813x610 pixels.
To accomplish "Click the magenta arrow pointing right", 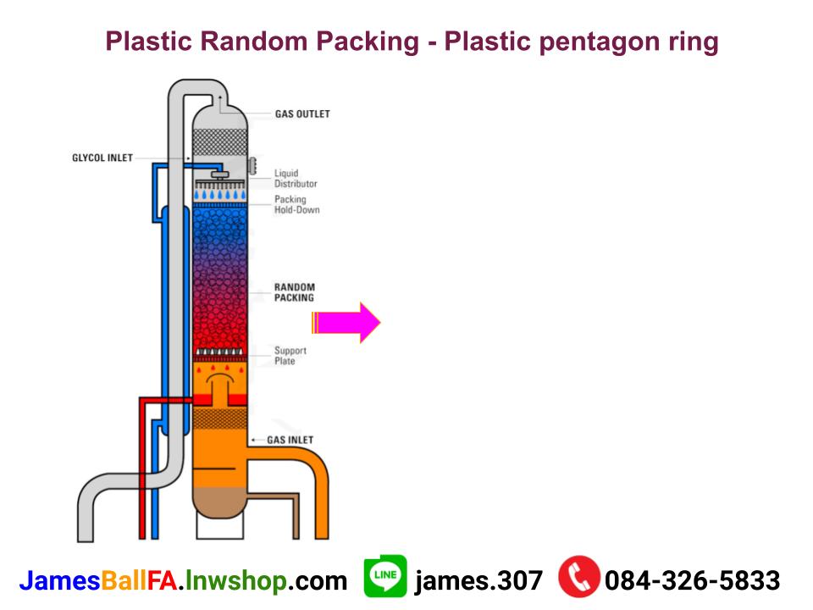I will click(346, 322).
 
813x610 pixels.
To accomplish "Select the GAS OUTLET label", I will click(302, 114).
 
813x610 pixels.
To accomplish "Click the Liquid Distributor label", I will click(296, 179).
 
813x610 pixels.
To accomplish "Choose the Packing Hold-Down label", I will click(296, 205).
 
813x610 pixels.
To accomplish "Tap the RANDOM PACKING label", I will click(294, 292).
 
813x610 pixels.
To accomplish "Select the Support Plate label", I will click(290, 356).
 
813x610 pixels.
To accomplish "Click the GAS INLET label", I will click(290, 440).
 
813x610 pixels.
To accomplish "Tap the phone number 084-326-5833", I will click(692, 580).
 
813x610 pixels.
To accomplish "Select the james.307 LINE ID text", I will click(478, 580).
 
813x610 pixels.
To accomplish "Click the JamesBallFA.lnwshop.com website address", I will click(183, 580).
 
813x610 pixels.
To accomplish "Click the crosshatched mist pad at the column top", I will click(220, 142).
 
